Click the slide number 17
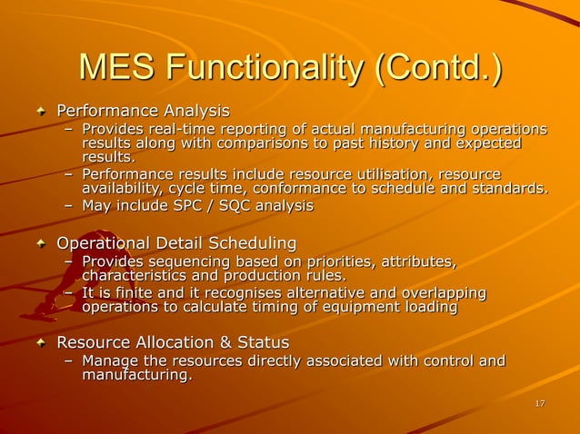tap(540, 403)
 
